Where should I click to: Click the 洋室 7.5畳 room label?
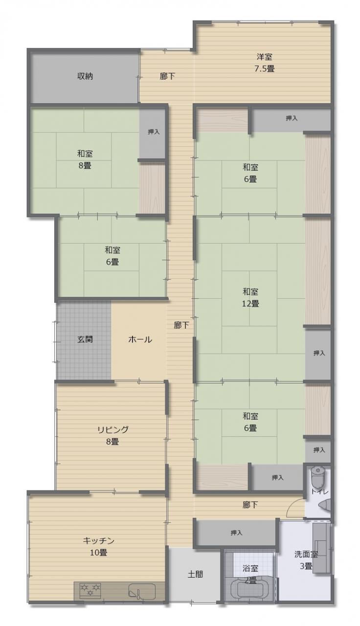click(x=264, y=63)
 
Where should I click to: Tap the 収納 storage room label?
click(x=85, y=76)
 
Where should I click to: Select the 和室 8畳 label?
click(x=85, y=159)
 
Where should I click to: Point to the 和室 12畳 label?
click(x=250, y=298)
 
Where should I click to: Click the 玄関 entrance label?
click(x=85, y=339)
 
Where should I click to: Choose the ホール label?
click(x=140, y=339)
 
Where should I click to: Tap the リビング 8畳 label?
click(x=112, y=435)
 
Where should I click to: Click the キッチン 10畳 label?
click(x=99, y=546)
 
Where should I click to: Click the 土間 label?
click(x=195, y=574)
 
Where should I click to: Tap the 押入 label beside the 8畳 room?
click(x=154, y=132)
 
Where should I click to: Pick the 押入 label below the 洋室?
click(x=292, y=118)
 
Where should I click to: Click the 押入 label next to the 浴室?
click(x=236, y=533)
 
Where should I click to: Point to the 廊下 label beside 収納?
click(x=168, y=76)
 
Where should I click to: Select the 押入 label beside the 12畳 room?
click(x=319, y=353)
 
